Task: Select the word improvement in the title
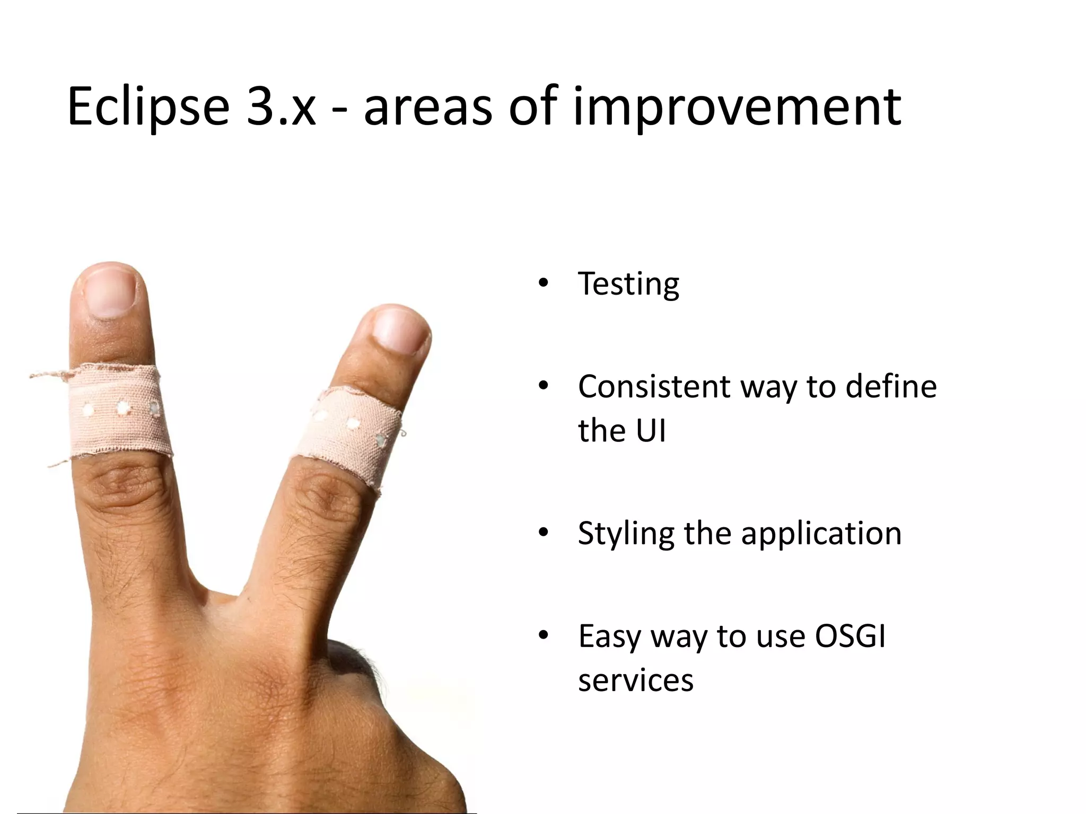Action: [737, 109]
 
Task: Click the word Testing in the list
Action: [628, 284]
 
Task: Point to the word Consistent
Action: [654, 386]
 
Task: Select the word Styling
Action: [625, 534]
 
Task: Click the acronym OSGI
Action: [850, 636]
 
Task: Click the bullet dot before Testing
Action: [542, 284]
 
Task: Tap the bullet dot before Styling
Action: [542, 533]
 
